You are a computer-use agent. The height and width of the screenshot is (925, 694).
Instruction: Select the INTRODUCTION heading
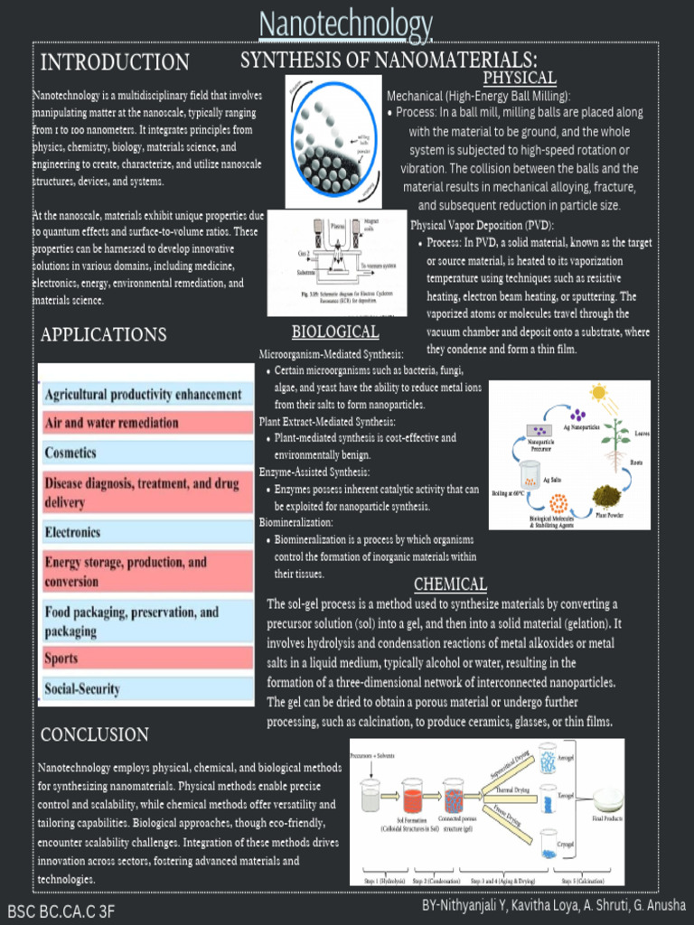click(x=115, y=62)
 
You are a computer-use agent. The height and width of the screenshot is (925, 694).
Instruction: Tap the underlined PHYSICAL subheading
click(x=519, y=78)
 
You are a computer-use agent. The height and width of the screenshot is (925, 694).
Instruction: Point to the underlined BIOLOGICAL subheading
click(x=334, y=332)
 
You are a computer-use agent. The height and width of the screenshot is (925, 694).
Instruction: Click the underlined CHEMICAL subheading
click(x=450, y=584)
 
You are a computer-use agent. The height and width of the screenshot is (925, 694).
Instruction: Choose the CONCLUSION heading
click(x=95, y=734)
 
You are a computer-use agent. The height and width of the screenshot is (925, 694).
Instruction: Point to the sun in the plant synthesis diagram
click(x=598, y=393)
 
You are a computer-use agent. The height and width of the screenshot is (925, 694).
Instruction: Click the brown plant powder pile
click(x=606, y=496)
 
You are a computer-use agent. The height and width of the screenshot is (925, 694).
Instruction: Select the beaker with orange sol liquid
click(x=412, y=797)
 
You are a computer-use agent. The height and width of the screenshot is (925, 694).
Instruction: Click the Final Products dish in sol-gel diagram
click(x=607, y=799)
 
